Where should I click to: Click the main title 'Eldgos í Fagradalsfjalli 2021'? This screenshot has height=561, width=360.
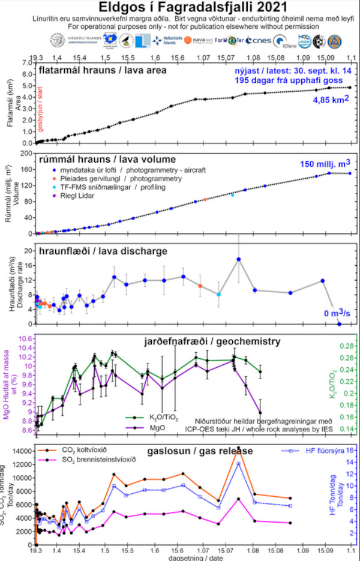pyautogui.click(x=180, y=8)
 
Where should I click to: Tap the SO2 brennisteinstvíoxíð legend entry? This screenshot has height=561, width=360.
pyautogui.click(x=100, y=460)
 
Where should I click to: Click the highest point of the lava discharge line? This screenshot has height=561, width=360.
pyautogui.click(x=238, y=259)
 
